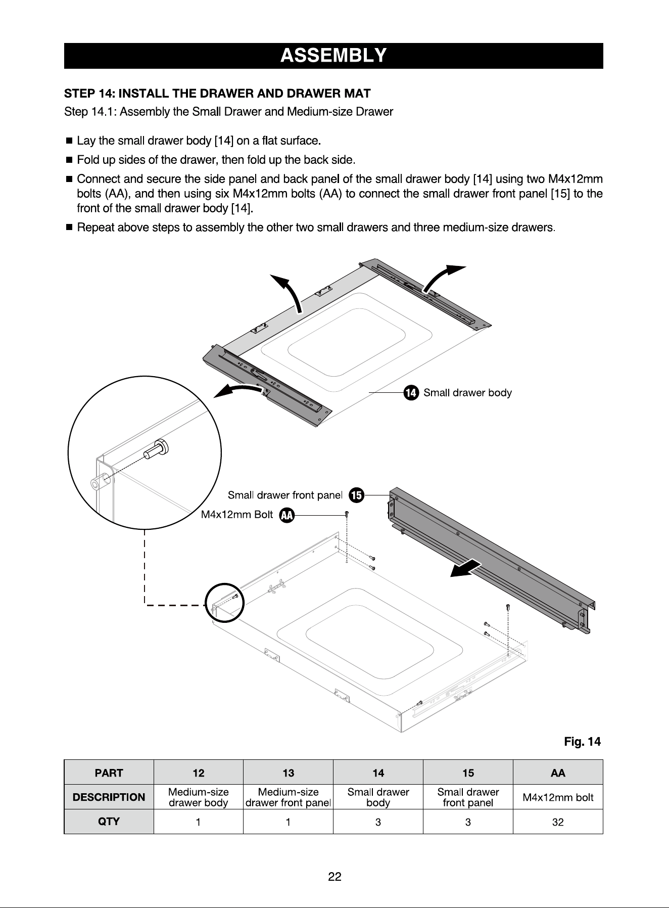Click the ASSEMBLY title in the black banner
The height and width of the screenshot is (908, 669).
tap(333, 55)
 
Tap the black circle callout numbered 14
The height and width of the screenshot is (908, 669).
tap(411, 393)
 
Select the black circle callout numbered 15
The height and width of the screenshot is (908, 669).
tap(357, 495)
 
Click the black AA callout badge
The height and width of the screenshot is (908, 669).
tap(287, 515)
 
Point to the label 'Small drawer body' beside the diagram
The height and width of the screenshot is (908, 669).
tap(467, 393)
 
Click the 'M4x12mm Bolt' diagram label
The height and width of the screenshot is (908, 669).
tap(237, 515)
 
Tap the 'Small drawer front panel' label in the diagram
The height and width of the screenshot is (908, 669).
tap(285, 494)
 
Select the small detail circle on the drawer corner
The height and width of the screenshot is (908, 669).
tap(225, 603)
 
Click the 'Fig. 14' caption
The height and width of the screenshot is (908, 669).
tap(583, 742)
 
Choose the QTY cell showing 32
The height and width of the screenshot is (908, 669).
tap(558, 822)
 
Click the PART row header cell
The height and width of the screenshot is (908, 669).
tap(109, 773)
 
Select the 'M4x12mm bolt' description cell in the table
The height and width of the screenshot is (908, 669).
tap(558, 797)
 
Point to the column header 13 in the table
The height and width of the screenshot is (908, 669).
tap(288, 773)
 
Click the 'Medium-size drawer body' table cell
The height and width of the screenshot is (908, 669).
tap(199, 797)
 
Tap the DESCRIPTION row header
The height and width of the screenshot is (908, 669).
tap(109, 797)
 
